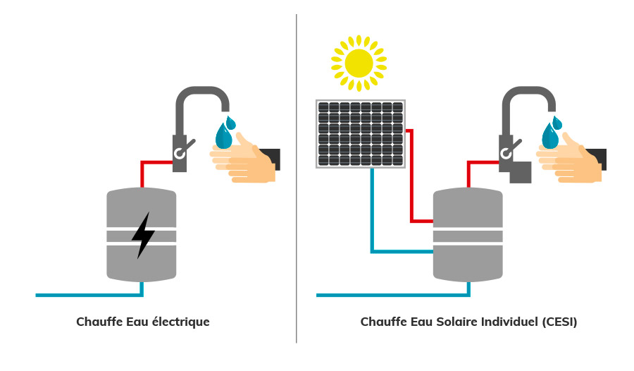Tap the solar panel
pos(361,134)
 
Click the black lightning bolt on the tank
pos(143,235)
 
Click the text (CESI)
pos(559,322)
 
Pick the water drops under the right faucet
pos(551,133)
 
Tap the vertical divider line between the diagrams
pos(297,176)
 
